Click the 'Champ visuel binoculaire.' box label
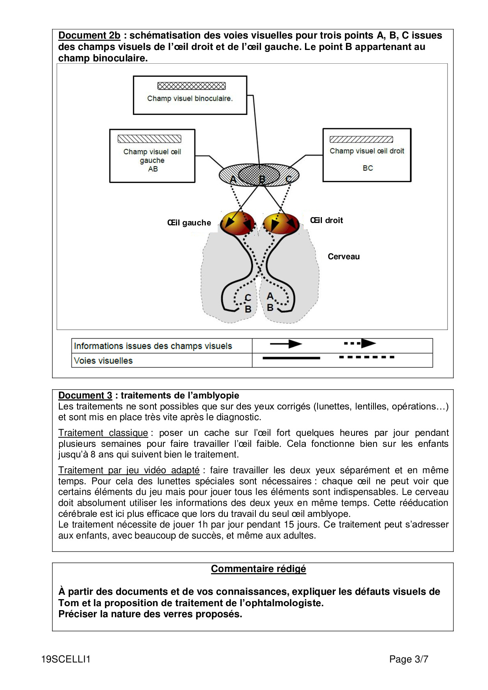(190, 98)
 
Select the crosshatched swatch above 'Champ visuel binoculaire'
(191, 86)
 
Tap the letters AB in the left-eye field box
(153, 169)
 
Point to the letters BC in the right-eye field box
(368, 168)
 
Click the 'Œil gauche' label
(189, 223)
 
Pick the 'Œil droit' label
(326, 220)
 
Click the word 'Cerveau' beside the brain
(344, 256)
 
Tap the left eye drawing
(237, 223)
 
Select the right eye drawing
(281, 223)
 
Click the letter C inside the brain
(248, 297)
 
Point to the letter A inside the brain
(270, 296)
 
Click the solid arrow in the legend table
(286, 344)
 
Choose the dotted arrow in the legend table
(360, 343)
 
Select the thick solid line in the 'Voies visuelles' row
(291, 358)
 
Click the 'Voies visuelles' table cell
(104, 360)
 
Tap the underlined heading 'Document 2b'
(89, 35)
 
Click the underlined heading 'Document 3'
(85, 395)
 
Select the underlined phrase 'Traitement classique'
(103, 433)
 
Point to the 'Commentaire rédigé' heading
(258, 569)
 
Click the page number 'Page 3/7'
(409, 659)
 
